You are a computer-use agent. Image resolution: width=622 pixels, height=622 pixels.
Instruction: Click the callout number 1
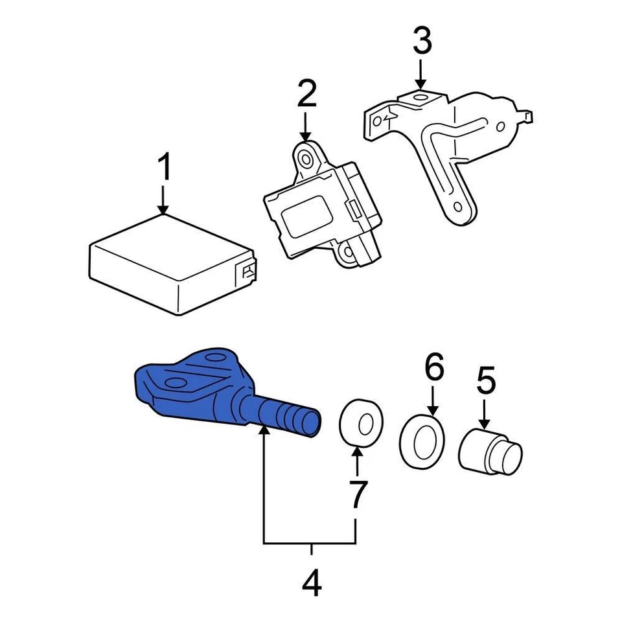coord(165,168)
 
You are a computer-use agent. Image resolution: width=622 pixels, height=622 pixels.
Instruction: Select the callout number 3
coord(422,41)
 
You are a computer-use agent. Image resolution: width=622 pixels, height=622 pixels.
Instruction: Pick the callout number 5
coord(486,380)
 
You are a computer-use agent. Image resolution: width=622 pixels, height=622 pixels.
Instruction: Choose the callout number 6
coord(434,367)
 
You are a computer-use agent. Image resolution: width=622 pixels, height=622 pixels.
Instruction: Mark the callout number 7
coord(356,494)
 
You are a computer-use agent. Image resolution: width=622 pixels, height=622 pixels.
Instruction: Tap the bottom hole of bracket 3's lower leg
coord(457,208)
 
